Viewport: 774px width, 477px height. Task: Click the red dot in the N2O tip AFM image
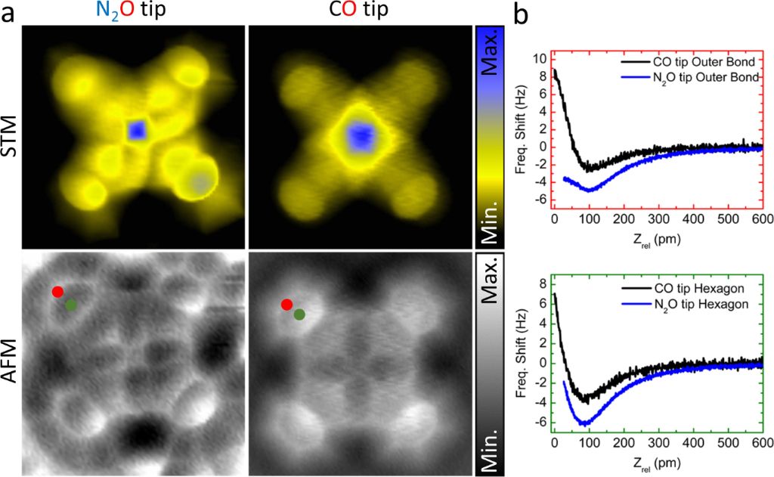(57, 292)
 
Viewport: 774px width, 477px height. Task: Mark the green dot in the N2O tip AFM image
(71, 305)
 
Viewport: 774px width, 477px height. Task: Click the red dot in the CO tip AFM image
(286, 305)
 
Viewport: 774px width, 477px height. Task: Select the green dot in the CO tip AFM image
(299, 314)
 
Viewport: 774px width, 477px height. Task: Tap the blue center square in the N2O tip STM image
(137, 131)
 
